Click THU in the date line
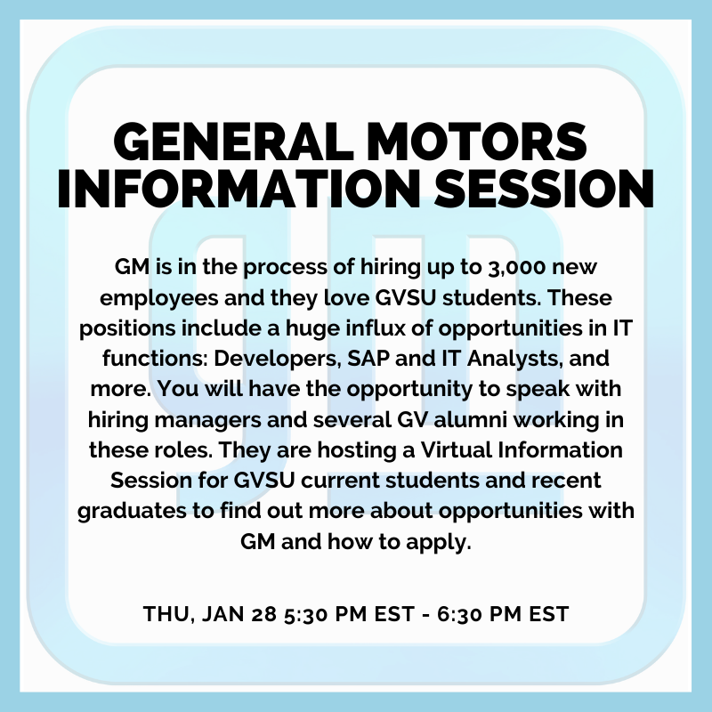[x=163, y=614]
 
